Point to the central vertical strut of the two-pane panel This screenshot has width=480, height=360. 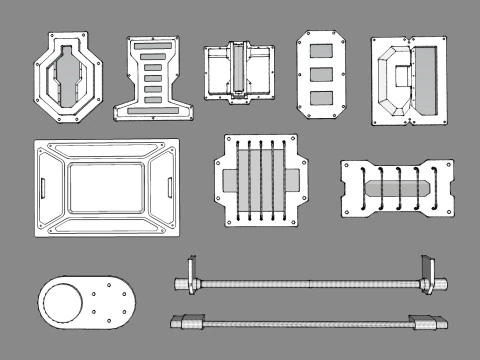tap(239, 72)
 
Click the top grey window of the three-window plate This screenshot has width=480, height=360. tap(321, 50)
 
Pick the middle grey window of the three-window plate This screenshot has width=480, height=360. tap(321, 73)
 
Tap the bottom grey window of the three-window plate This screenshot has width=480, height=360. tap(321, 96)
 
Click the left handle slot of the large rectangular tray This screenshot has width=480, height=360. tap(44, 186)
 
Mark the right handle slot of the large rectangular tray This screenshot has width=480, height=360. tap(168, 186)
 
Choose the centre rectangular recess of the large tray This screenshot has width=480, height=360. tap(106, 187)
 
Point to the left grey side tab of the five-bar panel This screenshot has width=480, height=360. tap(227, 181)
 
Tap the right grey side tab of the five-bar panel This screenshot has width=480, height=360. tap(294, 181)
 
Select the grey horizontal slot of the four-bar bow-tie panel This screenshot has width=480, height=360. tap(398, 187)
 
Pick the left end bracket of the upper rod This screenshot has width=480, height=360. tap(186, 280)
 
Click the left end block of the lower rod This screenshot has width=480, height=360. tap(187, 322)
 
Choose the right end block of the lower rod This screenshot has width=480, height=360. tap(427, 322)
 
